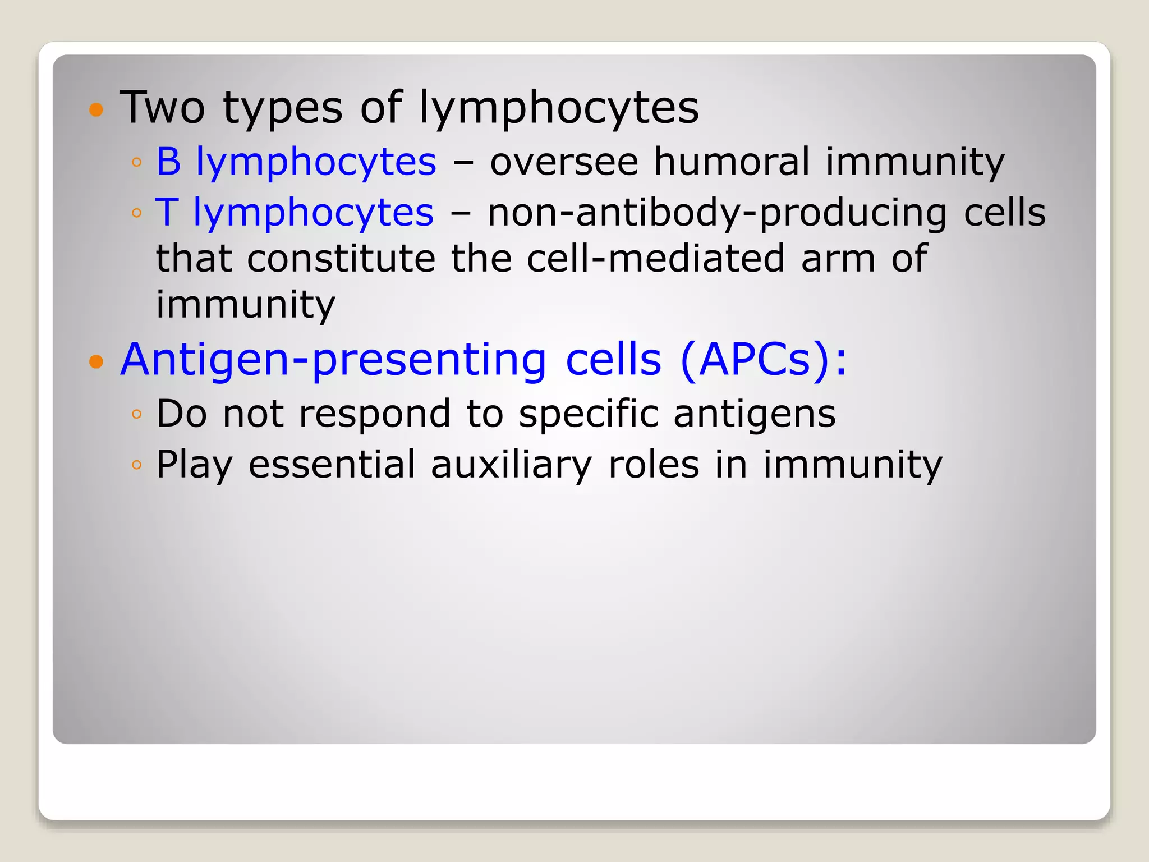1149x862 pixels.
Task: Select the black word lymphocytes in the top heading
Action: (x=559, y=109)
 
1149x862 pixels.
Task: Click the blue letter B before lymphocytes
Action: (x=168, y=162)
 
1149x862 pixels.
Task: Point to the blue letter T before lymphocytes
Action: (x=167, y=213)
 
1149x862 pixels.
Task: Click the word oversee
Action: (x=564, y=162)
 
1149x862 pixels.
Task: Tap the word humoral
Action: (x=732, y=162)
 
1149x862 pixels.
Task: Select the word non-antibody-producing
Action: (x=718, y=214)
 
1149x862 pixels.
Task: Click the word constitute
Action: (x=341, y=259)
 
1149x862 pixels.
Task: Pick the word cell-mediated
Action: (x=656, y=259)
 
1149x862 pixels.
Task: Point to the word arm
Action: (x=838, y=259)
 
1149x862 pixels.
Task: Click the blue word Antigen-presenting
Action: (x=333, y=360)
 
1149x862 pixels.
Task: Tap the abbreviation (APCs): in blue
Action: (x=763, y=359)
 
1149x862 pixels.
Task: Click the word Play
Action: (x=194, y=466)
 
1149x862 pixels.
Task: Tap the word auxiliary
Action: (x=511, y=466)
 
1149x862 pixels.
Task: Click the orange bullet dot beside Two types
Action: (x=96, y=109)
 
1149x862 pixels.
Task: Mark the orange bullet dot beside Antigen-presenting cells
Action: (x=96, y=362)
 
